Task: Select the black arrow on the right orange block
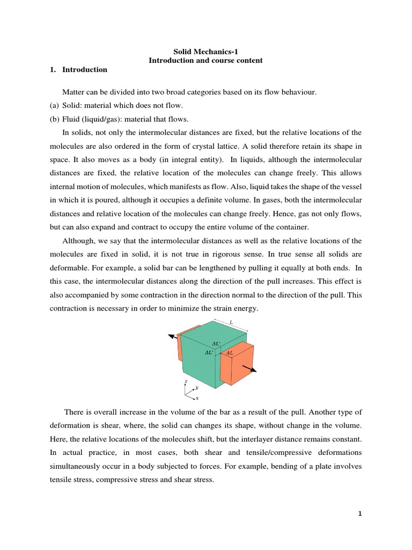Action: pyautogui.click(x=249, y=367)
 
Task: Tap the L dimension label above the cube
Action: pyautogui.click(x=231, y=322)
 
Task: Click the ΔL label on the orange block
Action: pyautogui.click(x=230, y=353)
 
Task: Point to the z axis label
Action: pyautogui.click(x=186, y=381)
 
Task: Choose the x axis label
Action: pyautogui.click(x=197, y=398)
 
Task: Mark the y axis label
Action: pyautogui.click(x=197, y=387)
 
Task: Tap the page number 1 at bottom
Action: pyautogui.click(x=360, y=513)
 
